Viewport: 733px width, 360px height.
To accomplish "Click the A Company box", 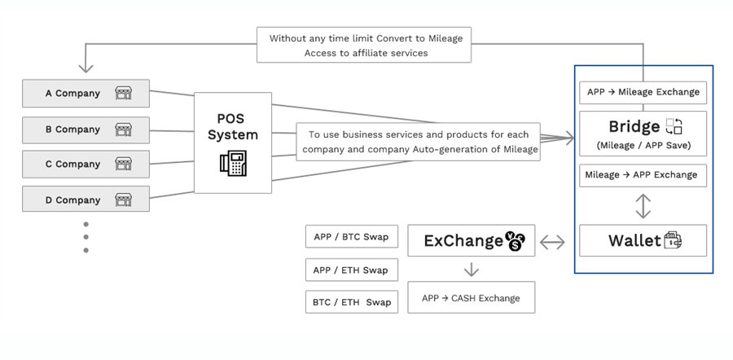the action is point(86,94).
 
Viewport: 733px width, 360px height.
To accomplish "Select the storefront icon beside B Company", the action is point(124,130).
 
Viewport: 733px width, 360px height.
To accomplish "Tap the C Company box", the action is point(86,164).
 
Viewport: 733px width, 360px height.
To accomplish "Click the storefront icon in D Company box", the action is point(124,200).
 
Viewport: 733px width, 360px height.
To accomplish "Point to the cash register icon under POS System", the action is point(233,163).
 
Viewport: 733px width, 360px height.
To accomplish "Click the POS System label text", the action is point(233,127).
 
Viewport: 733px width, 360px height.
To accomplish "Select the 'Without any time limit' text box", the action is point(364,45).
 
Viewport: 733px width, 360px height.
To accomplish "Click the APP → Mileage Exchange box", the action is point(643,92).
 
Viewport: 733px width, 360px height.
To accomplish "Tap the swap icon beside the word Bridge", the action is point(674,126).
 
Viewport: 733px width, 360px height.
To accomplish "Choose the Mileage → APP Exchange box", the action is point(643,175).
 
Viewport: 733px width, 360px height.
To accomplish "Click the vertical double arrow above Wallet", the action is point(643,206).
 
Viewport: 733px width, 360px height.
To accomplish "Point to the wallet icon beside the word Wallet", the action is point(673,240).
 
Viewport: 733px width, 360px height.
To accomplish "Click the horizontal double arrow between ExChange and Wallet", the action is point(552,242).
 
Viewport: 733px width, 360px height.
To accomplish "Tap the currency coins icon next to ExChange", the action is point(516,241).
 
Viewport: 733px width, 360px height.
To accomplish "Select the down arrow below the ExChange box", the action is point(472,270).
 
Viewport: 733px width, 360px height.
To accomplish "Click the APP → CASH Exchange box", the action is point(472,297).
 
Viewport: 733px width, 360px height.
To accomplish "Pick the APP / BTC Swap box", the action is point(352,236).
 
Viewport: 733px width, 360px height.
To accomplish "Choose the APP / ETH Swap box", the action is point(352,270).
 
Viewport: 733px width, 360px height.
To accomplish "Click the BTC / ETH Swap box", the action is point(352,302).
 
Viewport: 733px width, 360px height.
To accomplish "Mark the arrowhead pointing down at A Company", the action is point(86,68).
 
